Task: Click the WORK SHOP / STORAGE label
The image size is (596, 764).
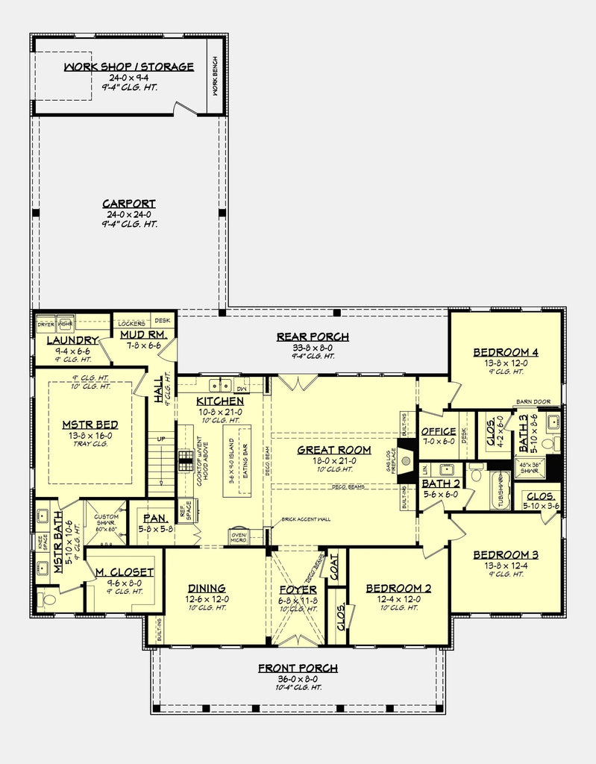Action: (x=128, y=66)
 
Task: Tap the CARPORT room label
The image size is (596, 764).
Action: (x=128, y=204)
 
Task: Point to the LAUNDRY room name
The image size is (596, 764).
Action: (x=72, y=341)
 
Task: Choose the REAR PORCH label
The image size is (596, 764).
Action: (x=313, y=336)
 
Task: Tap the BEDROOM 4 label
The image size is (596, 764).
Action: (x=505, y=352)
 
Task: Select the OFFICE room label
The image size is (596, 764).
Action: (x=439, y=431)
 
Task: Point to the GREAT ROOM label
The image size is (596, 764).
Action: (x=333, y=450)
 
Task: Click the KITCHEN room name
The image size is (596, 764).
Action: (x=220, y=401)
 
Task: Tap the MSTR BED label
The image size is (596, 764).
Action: (x=90, y=425)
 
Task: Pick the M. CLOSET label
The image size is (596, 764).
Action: (x=124, y=572)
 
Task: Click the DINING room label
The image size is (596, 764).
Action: (x=207, y=588)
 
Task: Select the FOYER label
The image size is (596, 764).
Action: (x=298, y=589)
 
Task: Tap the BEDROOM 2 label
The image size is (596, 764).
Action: (x=398, y=588)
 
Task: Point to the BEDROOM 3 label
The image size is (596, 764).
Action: (x=505, y=555)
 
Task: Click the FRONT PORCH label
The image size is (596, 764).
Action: (x=298, y=668)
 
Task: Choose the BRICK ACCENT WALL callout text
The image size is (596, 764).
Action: (x=306, y=519)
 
